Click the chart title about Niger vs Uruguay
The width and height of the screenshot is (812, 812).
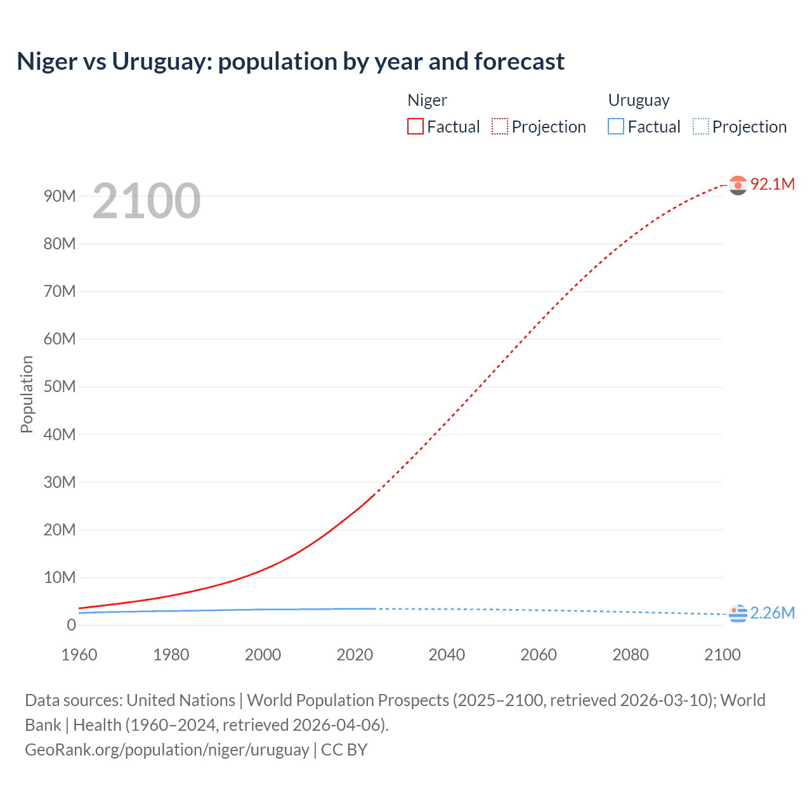291,62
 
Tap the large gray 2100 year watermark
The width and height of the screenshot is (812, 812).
147,201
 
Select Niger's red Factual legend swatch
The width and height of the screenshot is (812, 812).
415,127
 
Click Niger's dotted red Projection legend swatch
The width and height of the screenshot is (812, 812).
500,127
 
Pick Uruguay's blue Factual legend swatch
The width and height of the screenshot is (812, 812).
616,127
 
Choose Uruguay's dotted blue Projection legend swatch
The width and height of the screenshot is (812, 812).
701,127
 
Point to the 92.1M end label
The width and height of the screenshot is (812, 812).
772,184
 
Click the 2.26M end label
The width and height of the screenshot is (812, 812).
772,613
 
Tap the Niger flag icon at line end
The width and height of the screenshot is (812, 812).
738,185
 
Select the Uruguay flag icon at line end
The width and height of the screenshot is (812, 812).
738,613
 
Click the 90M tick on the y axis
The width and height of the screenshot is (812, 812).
60,196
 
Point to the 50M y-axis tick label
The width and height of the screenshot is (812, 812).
60,387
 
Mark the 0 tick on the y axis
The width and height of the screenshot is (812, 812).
71,625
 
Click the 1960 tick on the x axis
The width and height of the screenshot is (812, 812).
79,655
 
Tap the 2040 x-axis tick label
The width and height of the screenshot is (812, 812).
447,655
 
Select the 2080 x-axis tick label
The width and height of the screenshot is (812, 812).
631,655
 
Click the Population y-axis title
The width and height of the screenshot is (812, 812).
27,394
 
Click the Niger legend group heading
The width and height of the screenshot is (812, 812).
427,100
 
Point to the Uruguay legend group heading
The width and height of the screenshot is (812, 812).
639,100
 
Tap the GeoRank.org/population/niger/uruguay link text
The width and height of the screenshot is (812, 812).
167,750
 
